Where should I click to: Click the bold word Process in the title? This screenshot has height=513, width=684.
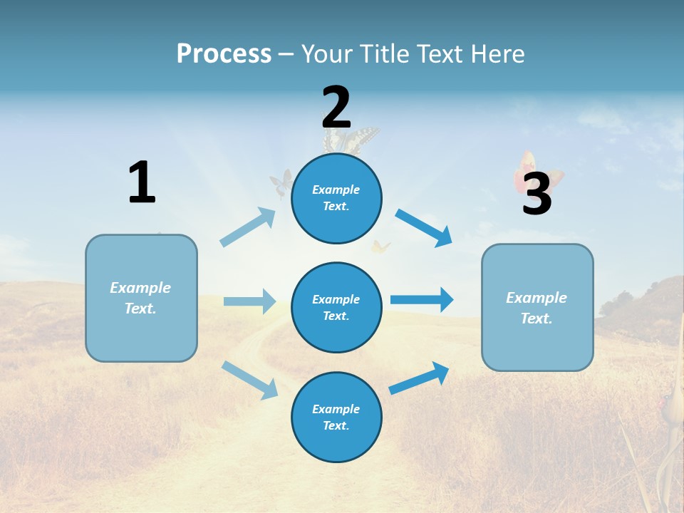(224, 53)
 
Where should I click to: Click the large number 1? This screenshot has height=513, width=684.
(142, 182)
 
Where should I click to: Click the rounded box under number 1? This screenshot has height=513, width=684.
(141, 298)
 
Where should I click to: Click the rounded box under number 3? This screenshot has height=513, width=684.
(537, 308)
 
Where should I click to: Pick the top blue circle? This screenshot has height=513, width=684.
(336, 198)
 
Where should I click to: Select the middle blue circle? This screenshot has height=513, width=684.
(336, 307)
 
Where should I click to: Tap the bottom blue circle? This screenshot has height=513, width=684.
(336, 417)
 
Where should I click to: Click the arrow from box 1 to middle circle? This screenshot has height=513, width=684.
(249, 301)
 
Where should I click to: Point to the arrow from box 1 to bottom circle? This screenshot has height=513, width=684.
(250, 380)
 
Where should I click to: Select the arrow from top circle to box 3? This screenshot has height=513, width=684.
(424, 227)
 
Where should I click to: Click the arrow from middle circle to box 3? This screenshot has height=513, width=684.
(422, 299)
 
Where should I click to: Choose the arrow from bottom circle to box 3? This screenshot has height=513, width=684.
(419, 378)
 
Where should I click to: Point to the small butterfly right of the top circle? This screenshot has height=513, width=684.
(380, 247)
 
